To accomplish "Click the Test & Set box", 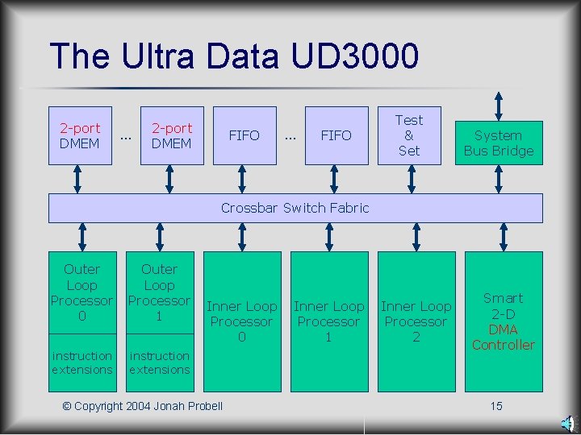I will point(409,135).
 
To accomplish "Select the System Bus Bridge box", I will point(499,143).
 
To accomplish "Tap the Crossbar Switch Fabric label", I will point(295,208).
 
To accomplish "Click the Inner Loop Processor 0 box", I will point(242,321).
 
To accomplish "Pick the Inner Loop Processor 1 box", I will point(329,321).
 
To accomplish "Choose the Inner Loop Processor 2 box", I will point(416,321).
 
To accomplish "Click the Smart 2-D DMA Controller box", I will point(504,321).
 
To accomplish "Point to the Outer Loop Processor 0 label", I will point(82,292).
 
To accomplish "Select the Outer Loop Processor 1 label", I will point(159,292).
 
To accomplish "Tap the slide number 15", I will point(496,405).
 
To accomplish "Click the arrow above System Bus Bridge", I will point(499,106).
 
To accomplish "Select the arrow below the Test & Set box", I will point(409,179).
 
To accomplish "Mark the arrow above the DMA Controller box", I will point(504,237).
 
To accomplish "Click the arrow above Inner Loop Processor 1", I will point(329,237).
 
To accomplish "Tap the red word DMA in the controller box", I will point(504,329).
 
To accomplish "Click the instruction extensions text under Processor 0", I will point(82,362).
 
